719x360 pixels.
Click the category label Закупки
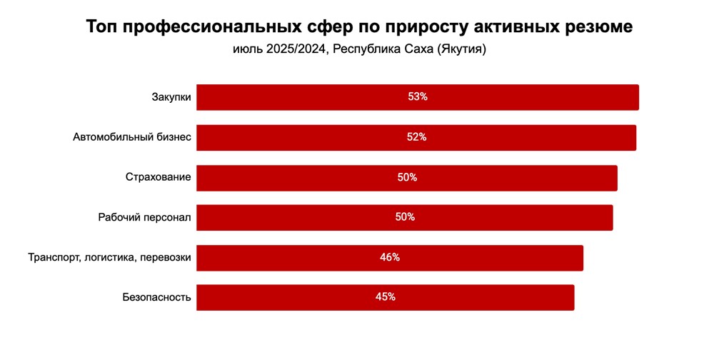tap(171, 97)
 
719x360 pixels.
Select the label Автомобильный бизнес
tap(132, 137)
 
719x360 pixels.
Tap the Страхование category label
tap(158, 177)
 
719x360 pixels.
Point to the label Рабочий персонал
tap(144, 217)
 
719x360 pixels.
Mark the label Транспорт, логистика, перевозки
tap(109, 258)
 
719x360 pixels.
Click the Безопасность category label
tap(156, 298)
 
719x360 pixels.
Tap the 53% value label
tap(418, 97)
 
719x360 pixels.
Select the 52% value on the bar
tap(416, 137)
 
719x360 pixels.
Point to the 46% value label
tap(390, 258)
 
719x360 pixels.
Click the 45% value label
tap(386, 298)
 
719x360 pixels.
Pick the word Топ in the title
tap(102, 27)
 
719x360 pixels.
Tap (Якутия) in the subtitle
tap(461, 50)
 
